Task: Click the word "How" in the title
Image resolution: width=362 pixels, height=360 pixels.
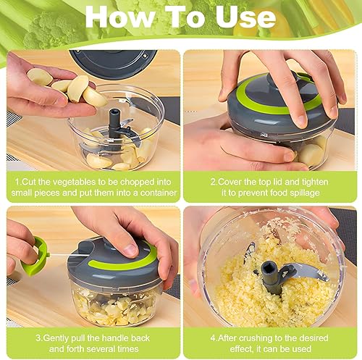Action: [x=120, y=17]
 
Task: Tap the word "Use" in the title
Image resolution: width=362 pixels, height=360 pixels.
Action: [x=245, y=17]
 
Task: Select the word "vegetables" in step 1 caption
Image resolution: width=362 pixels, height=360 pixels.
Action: [x=74, y=183]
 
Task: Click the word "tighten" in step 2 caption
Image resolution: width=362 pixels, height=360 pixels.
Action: [x=313, y=183]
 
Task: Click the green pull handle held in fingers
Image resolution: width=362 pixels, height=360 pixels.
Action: [x=35, y=257]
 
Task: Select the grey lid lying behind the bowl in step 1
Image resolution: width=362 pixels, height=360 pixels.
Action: [x=114, y=62]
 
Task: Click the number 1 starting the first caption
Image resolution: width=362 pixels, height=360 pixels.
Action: [x=17, y=183]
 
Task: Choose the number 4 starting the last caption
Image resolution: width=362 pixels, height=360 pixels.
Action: [x=213, y=338]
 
